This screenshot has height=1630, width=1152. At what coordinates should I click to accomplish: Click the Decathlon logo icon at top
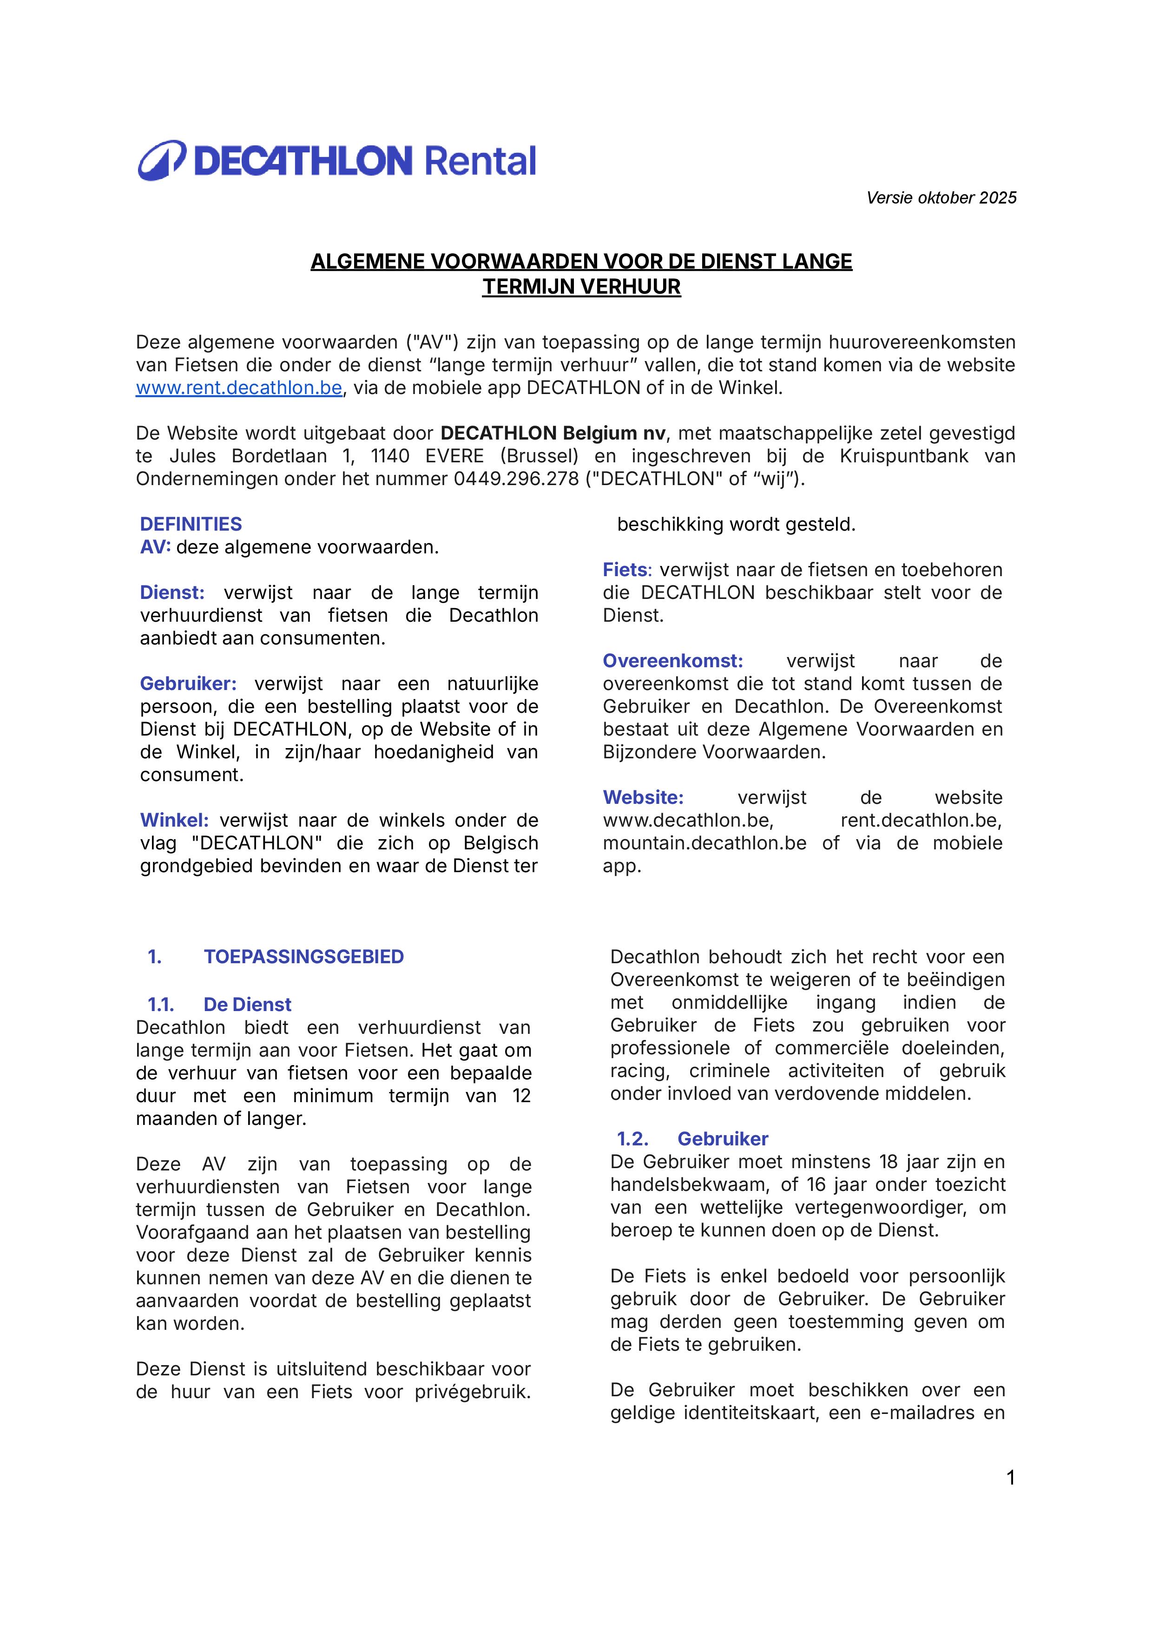[x=162, y=160]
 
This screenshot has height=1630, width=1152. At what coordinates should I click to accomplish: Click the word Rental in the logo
[x=480, y=161]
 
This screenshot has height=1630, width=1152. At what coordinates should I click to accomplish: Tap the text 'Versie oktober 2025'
[x=941, y=198]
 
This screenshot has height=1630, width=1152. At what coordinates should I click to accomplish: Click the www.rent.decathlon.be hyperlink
[x=239, y=388]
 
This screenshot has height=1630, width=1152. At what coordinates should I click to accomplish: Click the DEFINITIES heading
[x=191, y=524]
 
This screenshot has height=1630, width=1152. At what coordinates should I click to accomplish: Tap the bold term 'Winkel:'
[x=174, y=820]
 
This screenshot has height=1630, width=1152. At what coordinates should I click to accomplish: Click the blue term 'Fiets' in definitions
[x=625, y=570]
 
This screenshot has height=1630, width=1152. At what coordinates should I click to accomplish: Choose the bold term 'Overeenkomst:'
[x=672, y=661]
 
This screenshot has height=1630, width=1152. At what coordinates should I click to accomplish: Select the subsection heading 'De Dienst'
[x=247, y=1005]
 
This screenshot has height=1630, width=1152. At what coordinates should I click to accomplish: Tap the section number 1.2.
[x=632, y=1139]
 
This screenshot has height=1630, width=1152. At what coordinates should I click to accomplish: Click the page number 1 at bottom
[x=1011, y=1478]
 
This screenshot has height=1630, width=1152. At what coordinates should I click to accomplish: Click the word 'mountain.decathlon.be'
[x=704, y=843]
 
